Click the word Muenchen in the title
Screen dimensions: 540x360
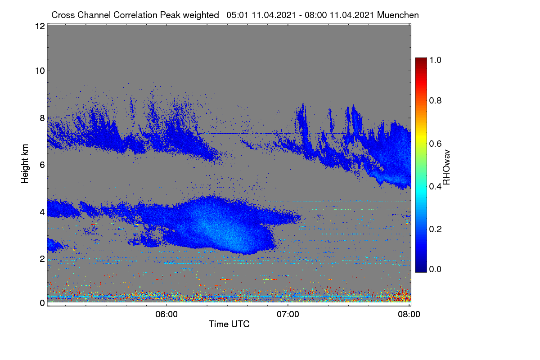398,15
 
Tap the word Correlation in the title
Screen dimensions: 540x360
135,15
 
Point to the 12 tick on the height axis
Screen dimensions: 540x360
40,26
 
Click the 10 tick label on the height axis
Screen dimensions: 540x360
40,71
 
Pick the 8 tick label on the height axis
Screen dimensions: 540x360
42,118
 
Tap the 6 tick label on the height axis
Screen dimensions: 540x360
42,165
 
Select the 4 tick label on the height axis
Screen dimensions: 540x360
42,212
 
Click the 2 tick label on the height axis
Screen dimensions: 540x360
42,259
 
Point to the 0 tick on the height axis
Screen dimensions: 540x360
42,303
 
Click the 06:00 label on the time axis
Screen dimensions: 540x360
166,315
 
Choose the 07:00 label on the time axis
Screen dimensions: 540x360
288,315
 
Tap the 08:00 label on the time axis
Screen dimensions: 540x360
409,315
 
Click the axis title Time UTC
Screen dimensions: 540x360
229,324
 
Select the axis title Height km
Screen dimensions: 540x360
25,164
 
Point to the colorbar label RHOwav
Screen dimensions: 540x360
446,167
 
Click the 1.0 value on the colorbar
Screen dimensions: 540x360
435,60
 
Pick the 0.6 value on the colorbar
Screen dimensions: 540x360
435,144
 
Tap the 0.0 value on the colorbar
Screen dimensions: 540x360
435,270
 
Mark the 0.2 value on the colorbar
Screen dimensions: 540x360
435,229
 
